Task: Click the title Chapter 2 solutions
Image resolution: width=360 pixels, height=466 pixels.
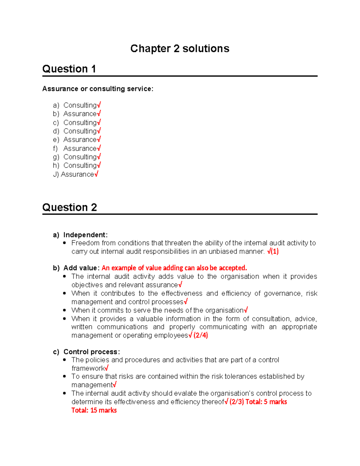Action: [180, 49]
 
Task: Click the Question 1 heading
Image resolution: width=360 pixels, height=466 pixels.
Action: [69, 69]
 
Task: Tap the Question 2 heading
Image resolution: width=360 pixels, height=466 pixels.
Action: [70, 207]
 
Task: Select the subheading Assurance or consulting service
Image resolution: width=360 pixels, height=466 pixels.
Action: [98, 89]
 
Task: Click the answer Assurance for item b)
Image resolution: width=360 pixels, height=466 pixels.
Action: [80, 114]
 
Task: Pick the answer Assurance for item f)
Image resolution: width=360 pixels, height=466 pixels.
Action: [80, 149]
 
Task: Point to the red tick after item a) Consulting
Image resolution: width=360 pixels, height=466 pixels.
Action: [99, 105]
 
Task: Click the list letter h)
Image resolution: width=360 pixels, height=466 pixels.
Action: [56, 166]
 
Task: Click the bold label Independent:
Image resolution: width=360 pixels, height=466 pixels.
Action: [85, 235]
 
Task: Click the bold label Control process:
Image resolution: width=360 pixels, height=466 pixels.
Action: [91, 352]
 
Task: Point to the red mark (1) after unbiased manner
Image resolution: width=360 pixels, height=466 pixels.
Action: [275, 251]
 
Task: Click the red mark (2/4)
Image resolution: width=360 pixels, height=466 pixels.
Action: [200, 335]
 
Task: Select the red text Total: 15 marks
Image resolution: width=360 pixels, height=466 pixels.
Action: [94, 410]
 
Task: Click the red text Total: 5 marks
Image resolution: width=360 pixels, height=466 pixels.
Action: [266, 402]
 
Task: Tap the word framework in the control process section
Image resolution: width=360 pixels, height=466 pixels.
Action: [88, 368]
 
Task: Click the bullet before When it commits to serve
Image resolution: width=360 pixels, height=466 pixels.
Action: [64, 310]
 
